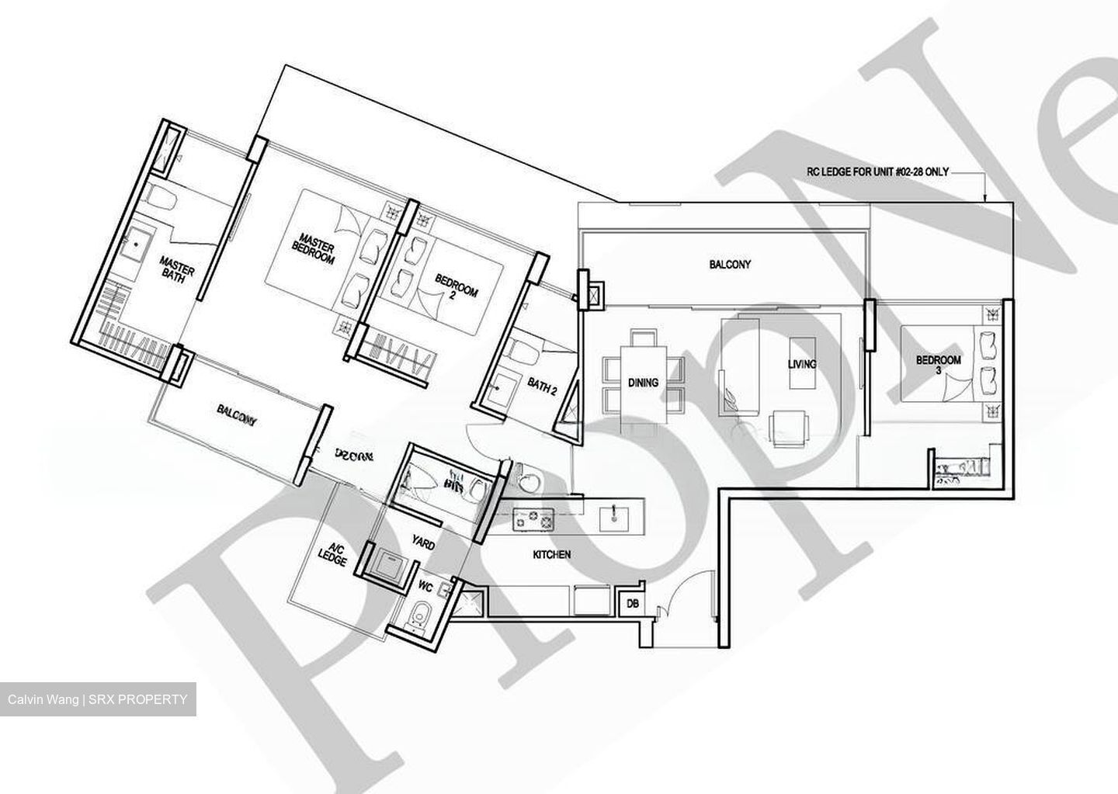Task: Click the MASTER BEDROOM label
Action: (x=314, y=248)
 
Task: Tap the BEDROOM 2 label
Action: (x=457, y=290)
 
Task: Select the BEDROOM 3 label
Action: (x=938, y=365)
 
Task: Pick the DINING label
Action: (x=643, y=383)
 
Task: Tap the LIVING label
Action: (x=802, y=364)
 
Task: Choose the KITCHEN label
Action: (x=552, y=555)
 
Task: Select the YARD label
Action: (x=423, y=545)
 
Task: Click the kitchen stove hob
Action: (x=534, y=517)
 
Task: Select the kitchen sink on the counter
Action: (x=615, y=515)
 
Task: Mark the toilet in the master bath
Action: (x=162, y=197)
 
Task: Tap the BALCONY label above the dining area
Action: (x=730, y=265)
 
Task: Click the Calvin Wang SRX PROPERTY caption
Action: (x=98, y=699)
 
